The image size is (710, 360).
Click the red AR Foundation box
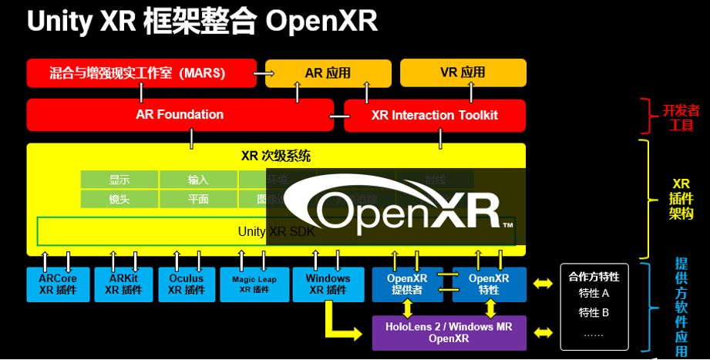[180, 115]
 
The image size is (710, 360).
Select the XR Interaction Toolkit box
[434, 116]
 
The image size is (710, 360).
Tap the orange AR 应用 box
[327, 73]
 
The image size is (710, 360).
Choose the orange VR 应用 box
[463, 72]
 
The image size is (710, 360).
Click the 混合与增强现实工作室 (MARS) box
[141, 73]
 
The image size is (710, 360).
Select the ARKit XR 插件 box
[123, 284]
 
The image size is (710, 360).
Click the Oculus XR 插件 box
[186, 284]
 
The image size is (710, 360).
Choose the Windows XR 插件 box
[327, 284]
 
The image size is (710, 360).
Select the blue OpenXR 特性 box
[488, 284]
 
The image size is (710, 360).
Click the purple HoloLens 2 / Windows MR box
[449, 332]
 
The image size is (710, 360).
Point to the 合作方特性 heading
[594, 277]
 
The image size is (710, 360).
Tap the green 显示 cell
[119, 180]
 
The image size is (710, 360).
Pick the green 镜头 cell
[119, 199]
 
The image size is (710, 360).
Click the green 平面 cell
[198, 199]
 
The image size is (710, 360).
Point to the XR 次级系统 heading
[276, 156]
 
